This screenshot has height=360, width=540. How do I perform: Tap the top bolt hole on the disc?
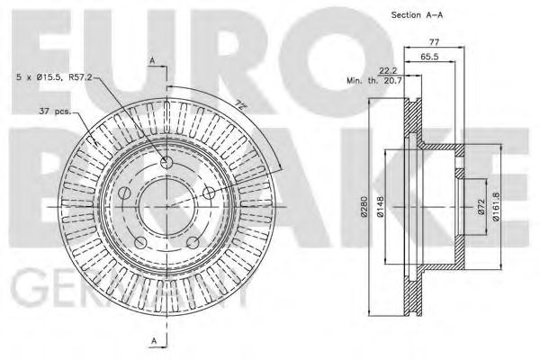pyautogui.click(x=166, y=163)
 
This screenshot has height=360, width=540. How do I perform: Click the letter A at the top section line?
pyautogui.click(x=152, y=60)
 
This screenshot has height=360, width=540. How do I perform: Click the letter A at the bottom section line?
pyautogui.click(x=152, y=339)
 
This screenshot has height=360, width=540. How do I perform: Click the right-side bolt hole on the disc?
pyautogui.click(x=207, y=192)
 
